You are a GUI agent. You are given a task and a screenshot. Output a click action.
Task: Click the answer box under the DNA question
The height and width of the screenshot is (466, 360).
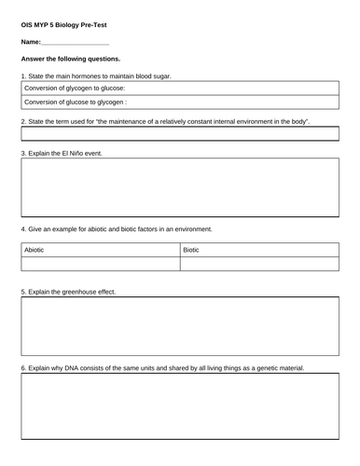click(180, 415)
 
